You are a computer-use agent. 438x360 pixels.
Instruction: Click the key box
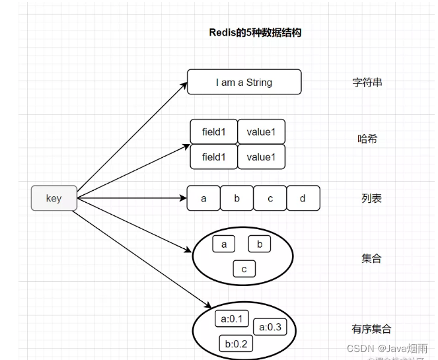click(x=54, y=198)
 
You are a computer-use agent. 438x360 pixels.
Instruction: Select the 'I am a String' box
click(x=244, y=83)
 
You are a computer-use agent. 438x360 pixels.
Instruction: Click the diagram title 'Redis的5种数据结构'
click(x=255, y=32)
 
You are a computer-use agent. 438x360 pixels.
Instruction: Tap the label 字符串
click(x=367, y=83)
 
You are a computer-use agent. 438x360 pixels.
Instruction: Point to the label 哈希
click(x=367, y=139)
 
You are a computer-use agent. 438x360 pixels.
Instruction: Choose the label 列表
click(x=371, y=198)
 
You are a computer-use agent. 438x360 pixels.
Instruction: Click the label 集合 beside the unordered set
click(x=371, y=258)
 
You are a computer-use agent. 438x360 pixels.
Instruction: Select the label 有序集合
click(x=371, y=328)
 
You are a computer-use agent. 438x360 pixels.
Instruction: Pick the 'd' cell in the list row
click(x=303, y=198)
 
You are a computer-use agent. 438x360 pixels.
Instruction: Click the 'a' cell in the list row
click(x=203, y=198)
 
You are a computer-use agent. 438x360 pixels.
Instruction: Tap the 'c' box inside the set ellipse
click(x=244, y=269)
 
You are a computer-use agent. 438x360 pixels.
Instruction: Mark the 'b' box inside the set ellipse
click(x=260, y=244)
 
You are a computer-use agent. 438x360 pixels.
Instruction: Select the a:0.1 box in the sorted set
click(x=231, y=320)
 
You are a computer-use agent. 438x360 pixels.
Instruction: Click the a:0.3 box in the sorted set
click(x=270, y=327)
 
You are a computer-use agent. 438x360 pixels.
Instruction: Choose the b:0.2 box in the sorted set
click(x=236, y=343)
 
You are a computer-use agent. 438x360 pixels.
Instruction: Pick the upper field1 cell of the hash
click(x=214, y=132)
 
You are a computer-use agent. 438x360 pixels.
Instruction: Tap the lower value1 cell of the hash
click(x=261, y=157)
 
